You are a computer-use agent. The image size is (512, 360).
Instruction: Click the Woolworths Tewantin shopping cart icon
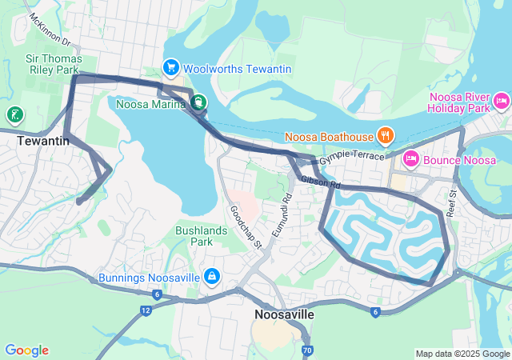170,69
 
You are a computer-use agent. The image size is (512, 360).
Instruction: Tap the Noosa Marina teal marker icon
197,102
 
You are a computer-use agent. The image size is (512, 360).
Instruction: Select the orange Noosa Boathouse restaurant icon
385,134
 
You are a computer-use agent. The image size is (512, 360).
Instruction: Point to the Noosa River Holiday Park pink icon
502,101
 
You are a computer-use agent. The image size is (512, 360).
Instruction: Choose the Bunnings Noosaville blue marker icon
212,277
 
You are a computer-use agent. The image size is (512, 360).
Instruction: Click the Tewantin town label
42,141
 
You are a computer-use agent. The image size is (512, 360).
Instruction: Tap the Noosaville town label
283,315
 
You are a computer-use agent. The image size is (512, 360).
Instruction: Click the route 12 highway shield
145,309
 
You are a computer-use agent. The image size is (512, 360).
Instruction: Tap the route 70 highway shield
307,350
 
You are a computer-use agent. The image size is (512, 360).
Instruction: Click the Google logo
26,350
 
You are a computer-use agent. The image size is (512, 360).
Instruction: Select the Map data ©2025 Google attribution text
462,354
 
